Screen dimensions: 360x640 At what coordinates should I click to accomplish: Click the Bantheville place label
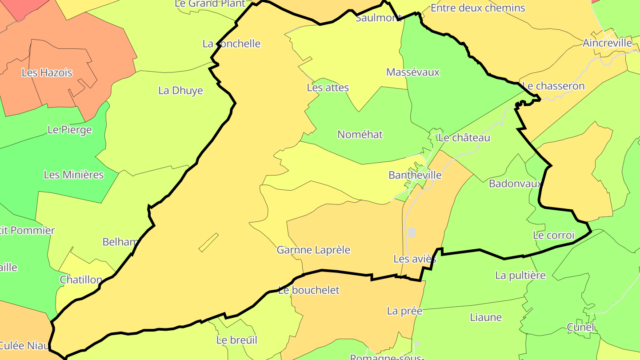[415, 175]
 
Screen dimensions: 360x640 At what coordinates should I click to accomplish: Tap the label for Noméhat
[360, 135]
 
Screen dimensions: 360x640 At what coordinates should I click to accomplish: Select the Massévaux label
[412, 72]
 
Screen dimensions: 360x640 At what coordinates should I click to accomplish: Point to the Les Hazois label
[47, 72]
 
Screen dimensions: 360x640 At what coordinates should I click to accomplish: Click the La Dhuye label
[180, 91]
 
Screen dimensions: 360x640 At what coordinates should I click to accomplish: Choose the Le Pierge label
[69, 130]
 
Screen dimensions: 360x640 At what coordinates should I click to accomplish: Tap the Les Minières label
[73, 175]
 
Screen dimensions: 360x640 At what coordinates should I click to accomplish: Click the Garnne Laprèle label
[313, 250]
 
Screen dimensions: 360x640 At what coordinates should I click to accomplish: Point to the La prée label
[404, 311]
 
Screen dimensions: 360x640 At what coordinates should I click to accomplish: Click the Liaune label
[486, 317]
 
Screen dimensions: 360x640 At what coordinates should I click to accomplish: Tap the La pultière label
[520, 276]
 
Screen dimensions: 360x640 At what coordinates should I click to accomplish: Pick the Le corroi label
[553, 235]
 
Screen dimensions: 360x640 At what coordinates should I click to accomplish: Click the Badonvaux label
[515, 184]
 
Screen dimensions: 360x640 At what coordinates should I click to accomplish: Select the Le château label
[464, 138]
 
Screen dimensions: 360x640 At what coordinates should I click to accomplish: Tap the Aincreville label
[607, 43]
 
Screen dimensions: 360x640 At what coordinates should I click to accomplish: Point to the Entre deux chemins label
[478, 8]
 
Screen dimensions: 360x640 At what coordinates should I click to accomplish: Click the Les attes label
[328, 88]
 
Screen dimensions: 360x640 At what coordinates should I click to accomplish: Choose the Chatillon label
[81, 280]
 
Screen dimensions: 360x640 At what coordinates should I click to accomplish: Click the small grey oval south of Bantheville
[412, 232]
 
